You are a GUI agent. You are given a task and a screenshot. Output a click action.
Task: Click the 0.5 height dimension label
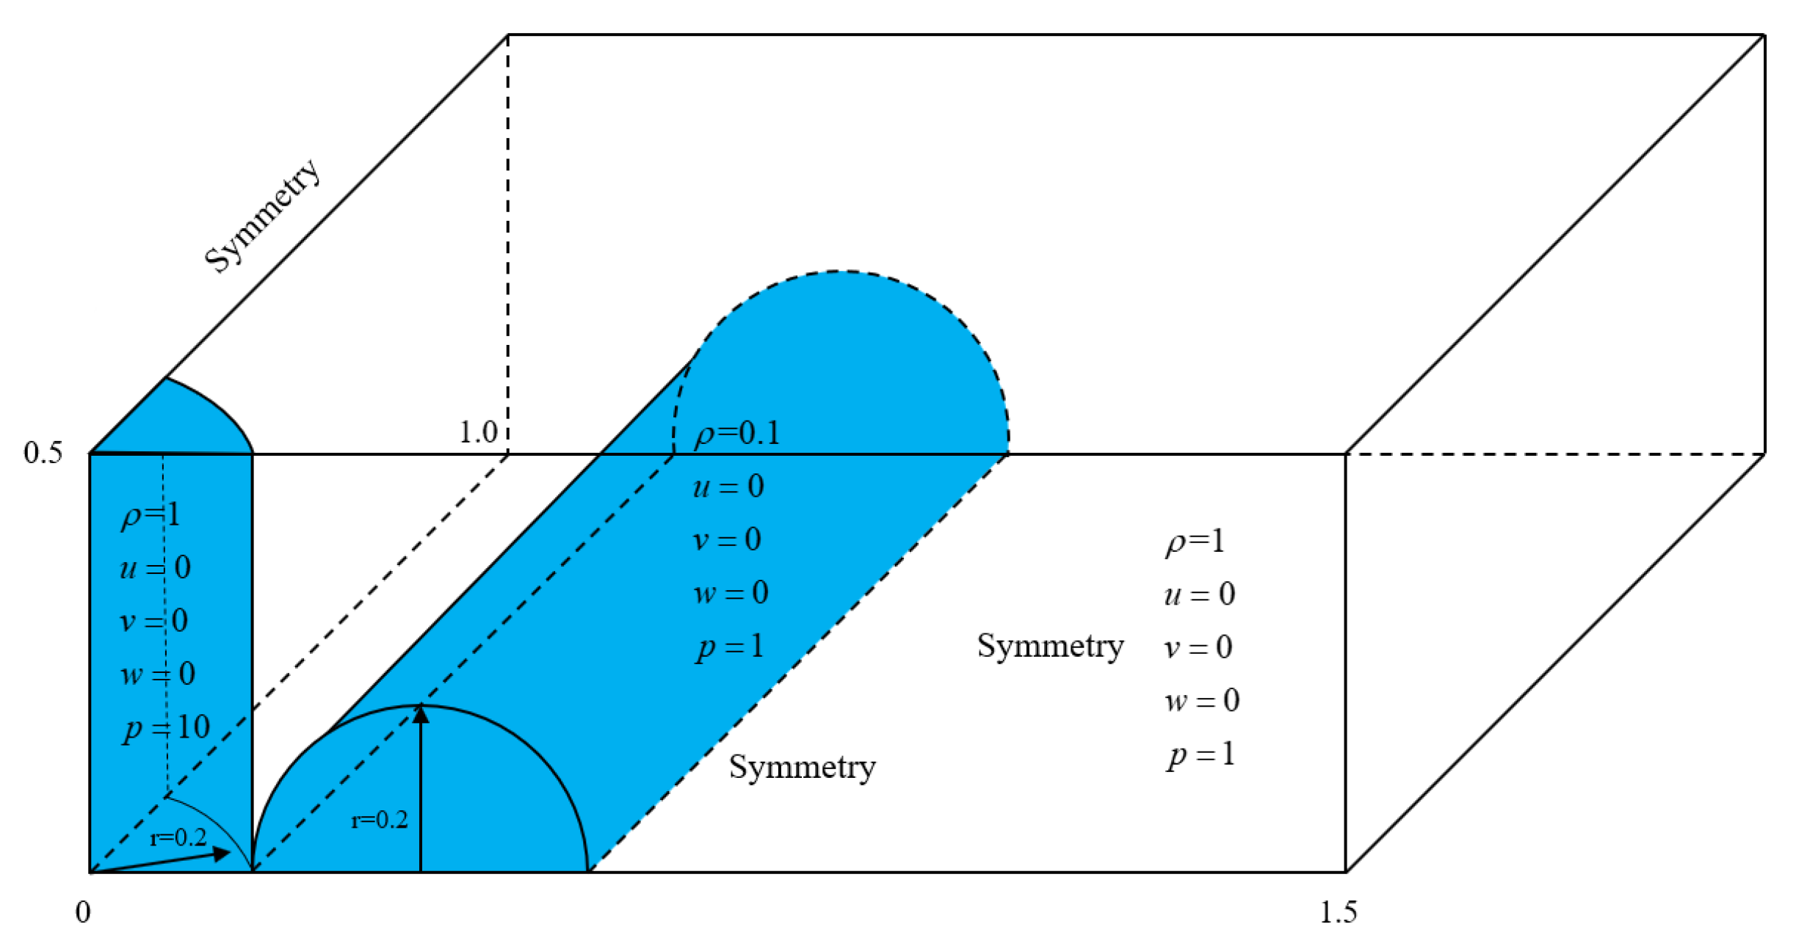(43, 453)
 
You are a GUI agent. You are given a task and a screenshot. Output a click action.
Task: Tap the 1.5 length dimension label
(1338, 912)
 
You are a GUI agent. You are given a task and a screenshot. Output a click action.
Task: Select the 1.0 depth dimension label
(478, 433)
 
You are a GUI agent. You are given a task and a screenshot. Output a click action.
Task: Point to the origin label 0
(83, 912)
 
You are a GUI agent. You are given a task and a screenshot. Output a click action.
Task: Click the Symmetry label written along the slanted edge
(262, 215)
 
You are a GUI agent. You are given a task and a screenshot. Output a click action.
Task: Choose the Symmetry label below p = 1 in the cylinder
(802, 768)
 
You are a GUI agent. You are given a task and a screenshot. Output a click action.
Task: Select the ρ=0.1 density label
(737, 434)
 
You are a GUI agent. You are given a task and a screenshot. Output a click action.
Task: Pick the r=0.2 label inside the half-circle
(380, 820)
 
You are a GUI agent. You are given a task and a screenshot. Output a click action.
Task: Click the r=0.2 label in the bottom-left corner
(178, 837)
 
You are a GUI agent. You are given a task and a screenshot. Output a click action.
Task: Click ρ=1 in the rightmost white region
(1195, 542)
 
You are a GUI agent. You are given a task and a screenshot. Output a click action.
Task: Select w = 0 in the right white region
(1202, 701)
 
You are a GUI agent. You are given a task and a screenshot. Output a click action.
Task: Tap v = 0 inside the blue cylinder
(727, 540)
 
